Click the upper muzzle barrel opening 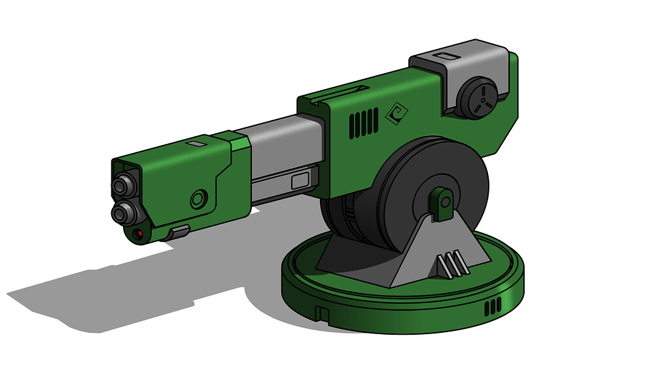coord(121,186)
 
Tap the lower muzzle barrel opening coord(121,212)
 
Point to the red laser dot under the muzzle coord(139,233)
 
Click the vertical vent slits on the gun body coord(363,124)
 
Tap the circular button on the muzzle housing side coord(199,198)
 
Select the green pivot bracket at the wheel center coord(444,203)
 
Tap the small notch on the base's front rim coord(321,314)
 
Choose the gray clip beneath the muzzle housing coord(178,231)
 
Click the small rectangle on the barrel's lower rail coord(300,180)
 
